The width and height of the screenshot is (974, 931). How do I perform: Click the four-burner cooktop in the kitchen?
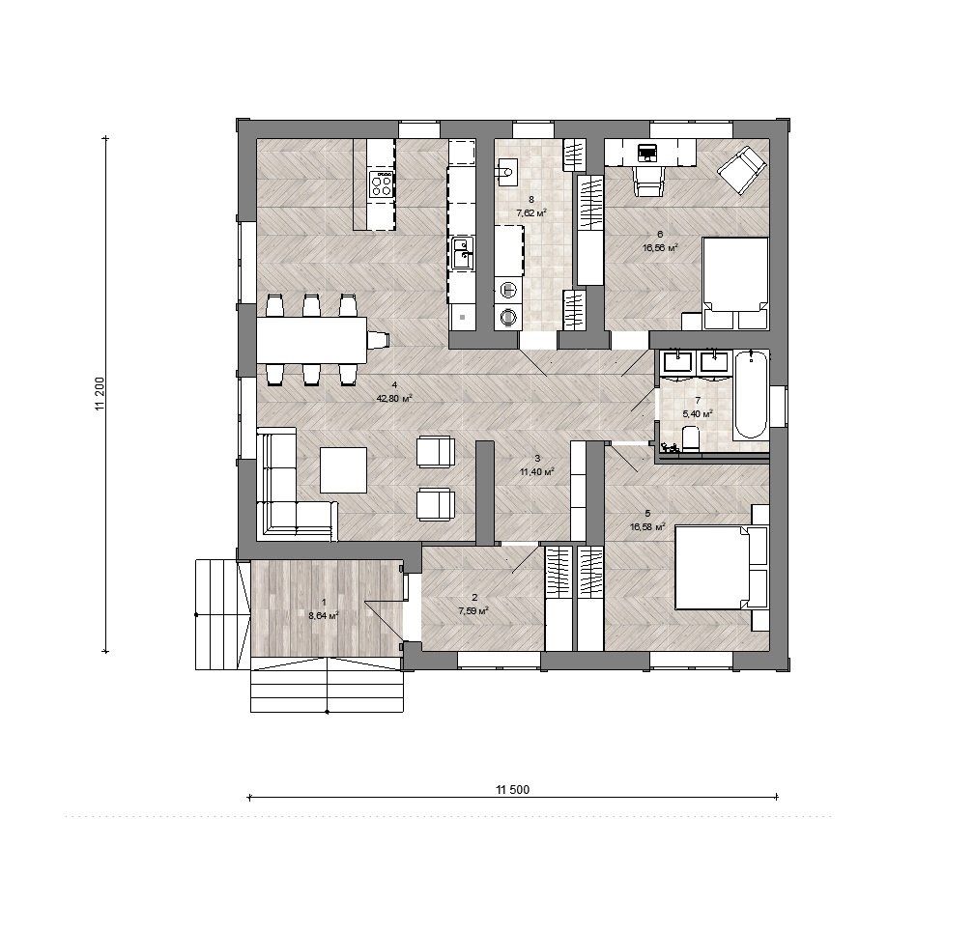382,184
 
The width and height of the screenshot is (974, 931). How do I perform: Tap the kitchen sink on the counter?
462,254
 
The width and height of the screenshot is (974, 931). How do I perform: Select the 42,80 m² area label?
394,399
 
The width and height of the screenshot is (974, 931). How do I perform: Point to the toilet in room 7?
690,438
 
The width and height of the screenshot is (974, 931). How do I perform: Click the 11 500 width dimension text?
512,789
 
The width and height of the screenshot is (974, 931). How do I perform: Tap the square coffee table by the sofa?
344,469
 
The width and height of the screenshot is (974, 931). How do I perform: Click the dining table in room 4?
312,340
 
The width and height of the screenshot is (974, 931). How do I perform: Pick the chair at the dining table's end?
379,340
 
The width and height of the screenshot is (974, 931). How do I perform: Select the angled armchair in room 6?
741,169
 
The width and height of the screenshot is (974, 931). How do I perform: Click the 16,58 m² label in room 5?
647,526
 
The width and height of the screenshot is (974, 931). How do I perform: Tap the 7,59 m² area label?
473,610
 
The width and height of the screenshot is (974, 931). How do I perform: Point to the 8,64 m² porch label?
323,616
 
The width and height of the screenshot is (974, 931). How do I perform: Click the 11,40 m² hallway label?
536,471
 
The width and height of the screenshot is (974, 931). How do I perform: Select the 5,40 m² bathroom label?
697,412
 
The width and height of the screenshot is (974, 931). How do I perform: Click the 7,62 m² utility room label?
530,212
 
